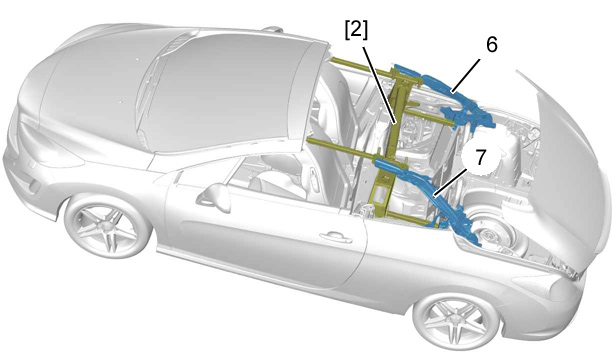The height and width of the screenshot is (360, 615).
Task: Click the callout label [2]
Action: (x=357, y=31)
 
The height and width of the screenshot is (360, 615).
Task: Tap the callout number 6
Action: (x=492, y=45)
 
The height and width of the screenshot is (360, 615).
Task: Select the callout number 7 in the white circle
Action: (x=481, y=157)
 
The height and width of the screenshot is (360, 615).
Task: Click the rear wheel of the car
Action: (x=108, y=226)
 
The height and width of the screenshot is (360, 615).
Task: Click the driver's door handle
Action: (x=335, y=237)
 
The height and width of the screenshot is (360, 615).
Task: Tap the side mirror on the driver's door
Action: (x=215, y=197)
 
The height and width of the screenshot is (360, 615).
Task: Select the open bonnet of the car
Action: (x=569, y=157)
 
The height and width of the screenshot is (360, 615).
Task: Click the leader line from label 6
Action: (x=466, y=76)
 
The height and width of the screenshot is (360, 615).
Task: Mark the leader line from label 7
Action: (x=450, y=182)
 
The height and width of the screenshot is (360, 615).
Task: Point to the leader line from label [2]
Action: (x=380, y=85)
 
